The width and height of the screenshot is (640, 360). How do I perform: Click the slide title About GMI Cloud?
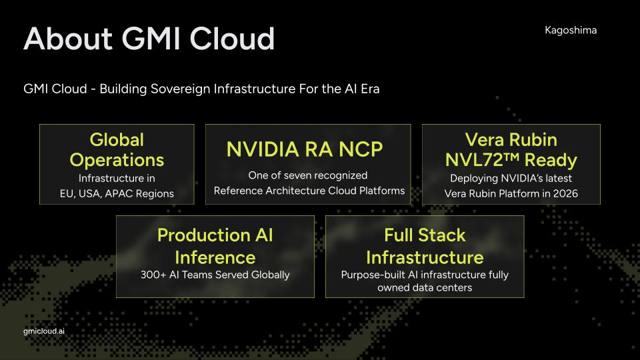[149, 39]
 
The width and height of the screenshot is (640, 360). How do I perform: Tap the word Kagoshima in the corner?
[571, 30]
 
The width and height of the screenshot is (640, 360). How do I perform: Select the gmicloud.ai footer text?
[44, 330]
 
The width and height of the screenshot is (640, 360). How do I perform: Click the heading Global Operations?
[117, 150]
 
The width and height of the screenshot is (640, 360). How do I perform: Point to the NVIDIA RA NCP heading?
[305, 149]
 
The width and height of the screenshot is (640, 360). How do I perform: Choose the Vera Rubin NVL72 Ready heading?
[511, 150]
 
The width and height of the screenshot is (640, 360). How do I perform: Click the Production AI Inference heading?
[215, 245]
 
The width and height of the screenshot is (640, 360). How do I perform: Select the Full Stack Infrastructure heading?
[425, 245]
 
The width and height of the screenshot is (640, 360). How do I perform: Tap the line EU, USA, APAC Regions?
[117, 193]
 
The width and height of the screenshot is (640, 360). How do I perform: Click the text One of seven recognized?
[308, 175]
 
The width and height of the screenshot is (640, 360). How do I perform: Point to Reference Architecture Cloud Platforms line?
[309, 191]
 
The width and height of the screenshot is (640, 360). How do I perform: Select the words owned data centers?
[425, 287]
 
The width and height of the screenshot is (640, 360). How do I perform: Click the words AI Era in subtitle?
[362, 89]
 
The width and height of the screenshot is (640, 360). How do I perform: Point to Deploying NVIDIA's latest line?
[511, 178]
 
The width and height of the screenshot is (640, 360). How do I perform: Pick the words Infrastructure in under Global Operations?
[117, 178]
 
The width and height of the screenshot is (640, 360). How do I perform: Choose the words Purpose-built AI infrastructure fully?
[425, 274]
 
